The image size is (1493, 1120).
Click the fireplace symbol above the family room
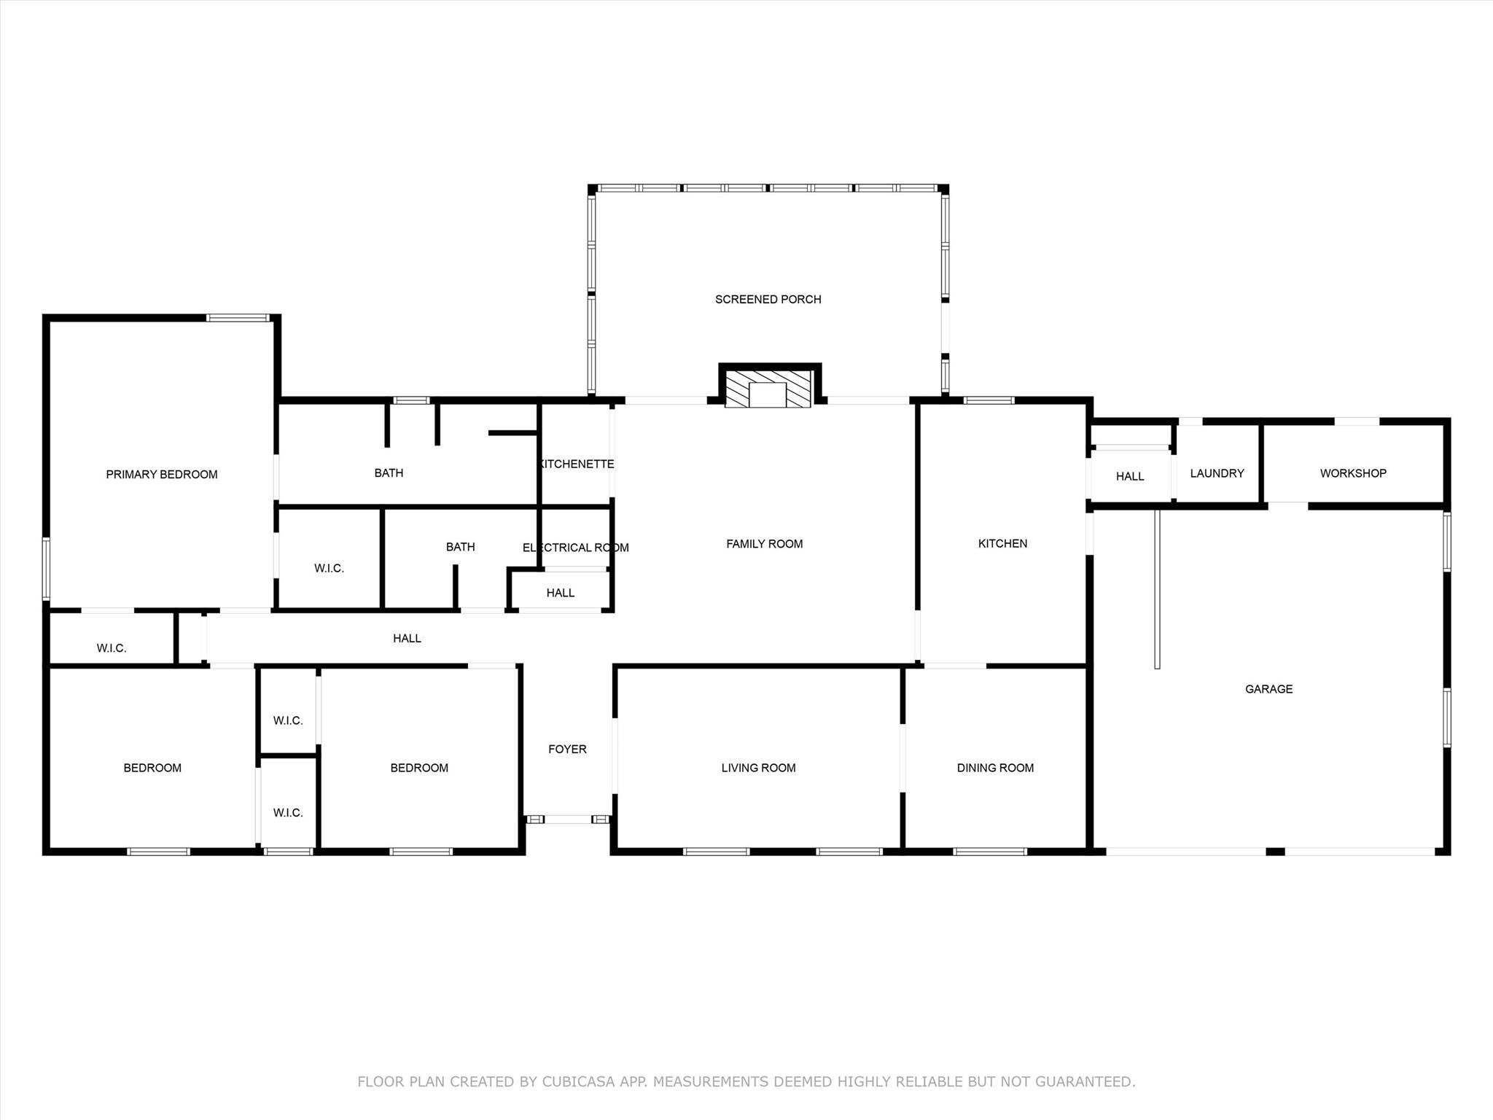coord(768,389)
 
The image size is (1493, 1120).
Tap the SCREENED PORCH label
coord(768,299)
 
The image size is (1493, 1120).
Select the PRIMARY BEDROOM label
coord(162,475)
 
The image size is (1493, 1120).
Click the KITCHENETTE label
coord(576,464)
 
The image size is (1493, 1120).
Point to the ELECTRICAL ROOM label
coord(575,548)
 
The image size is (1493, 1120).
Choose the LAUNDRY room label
coord(1217,473)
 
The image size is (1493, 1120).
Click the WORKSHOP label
coord(1352,473)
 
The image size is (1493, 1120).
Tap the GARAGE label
coord(1268,689)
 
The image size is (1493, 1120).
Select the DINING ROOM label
coord(995,768)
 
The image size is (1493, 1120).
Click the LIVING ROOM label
coord(758,768)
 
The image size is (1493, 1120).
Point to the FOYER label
coord(567,749)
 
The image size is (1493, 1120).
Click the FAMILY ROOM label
coord(764,544)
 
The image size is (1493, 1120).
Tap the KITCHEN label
coord(1002,543)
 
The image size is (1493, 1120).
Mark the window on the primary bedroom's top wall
coord(238,318)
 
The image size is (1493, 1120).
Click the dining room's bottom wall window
coord(989,851)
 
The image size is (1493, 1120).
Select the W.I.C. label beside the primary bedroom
coord(329,568)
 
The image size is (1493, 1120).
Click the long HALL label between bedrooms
coord(407,638)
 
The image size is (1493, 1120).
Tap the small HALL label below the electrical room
coord(560,593)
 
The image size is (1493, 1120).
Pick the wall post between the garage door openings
coord(1274,851)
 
